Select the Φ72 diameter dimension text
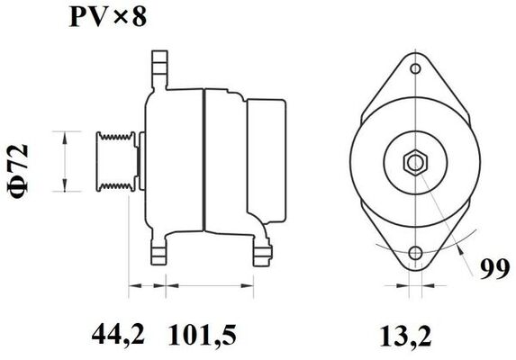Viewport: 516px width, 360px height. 25,161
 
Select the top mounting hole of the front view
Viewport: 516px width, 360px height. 415,67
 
